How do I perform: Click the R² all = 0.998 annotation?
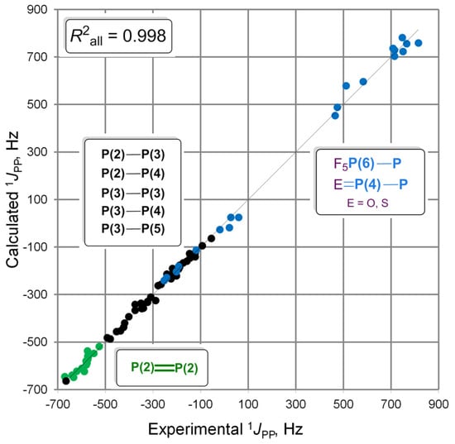coord(118,36)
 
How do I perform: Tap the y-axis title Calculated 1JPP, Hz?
coord(12,200)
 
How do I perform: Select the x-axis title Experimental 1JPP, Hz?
coord(226,429)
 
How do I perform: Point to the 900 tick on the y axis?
coord(37,9)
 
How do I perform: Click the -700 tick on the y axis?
coord(35,389)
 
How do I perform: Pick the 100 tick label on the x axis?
coord(248,404)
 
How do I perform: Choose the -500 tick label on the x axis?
coord(105,404)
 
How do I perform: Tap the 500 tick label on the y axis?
coord(37,104)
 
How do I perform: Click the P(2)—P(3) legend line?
coord(133,155)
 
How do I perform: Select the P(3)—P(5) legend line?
coord(133,228)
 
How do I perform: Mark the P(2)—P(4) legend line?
coord(133,174)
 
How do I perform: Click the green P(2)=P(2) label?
coord(165,368)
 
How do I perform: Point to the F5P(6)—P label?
coord(367,164)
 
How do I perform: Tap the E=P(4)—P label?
coord(371,184)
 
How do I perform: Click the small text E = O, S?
coord(367,203)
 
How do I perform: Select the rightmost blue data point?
coord(418,43)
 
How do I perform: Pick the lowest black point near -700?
coord(66,381)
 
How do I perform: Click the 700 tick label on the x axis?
coord(390,404)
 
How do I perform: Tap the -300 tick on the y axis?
coord(35,294)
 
